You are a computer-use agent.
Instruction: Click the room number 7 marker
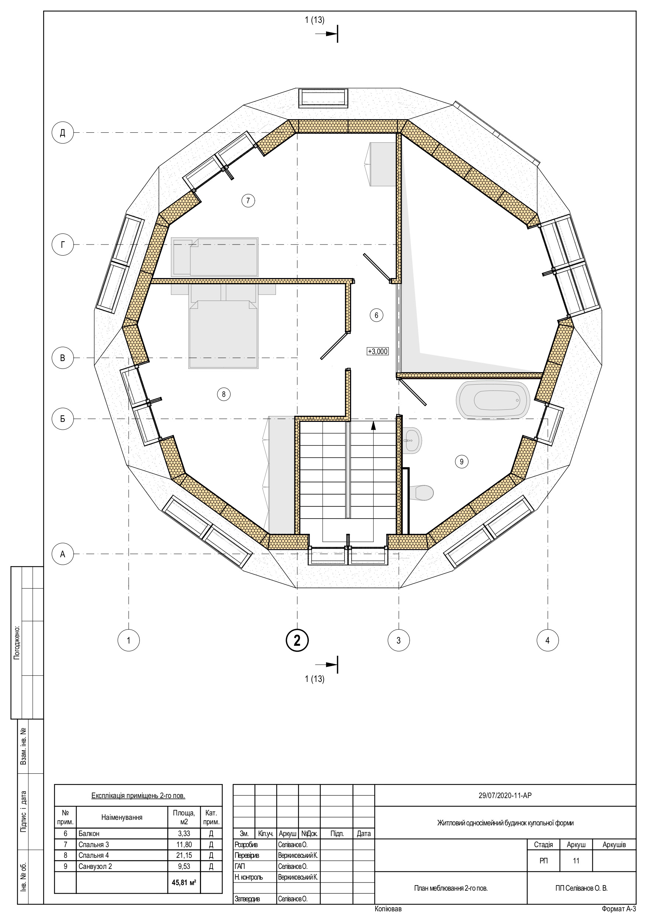click(x=248, y=201)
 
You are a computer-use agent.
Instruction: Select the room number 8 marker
click(x=224, y=394)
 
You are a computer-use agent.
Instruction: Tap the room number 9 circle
click(x=461, y=461)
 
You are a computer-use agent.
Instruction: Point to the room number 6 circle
click(x=376, y=315)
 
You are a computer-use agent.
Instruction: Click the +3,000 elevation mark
click(x=377, y=351)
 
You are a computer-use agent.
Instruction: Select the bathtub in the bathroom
click(x=493, y=400)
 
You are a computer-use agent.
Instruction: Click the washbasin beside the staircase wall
click(x=412, y=440)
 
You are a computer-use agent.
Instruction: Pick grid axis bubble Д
click(x=63, y=133)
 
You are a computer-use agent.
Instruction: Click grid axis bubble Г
click(x=63, y=245)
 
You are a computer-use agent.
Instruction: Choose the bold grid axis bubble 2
click(x=297, y=640)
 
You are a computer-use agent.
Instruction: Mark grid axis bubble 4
click(x=547, y=640)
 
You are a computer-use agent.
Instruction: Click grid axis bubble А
click(x=63, y=554)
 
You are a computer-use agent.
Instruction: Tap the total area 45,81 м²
click(x=184, y=882)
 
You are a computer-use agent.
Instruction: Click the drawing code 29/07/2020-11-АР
click(x=505, y=796)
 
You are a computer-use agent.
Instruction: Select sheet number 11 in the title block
click(x=576, y=860)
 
